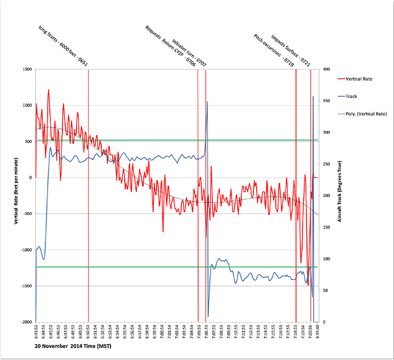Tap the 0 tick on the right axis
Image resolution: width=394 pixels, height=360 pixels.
click(324, 322)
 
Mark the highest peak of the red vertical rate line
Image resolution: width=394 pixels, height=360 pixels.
click(49, 90)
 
